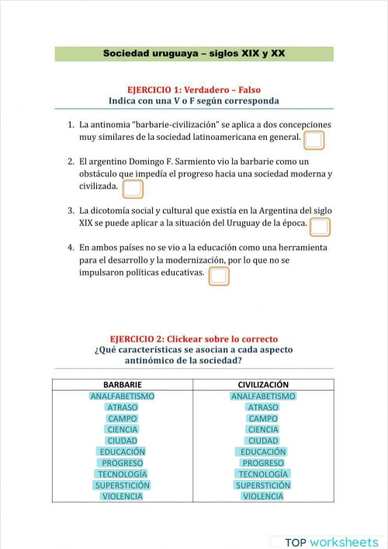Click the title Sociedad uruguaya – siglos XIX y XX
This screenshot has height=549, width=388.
194,54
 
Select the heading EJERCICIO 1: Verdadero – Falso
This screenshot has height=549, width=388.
194,89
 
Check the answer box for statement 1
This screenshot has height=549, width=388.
314,140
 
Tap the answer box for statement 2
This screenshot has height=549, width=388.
133,189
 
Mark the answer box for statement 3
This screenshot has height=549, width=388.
319,227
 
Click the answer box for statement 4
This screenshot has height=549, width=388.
220,276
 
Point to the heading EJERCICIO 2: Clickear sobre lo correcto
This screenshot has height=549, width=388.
194,339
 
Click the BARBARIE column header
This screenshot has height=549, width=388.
122,384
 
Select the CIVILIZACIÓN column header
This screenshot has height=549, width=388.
263,384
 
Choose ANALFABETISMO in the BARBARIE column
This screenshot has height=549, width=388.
122,396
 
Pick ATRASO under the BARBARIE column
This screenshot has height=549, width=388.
122,407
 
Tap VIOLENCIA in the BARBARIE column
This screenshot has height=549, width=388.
122,496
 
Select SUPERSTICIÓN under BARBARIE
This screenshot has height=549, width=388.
122,485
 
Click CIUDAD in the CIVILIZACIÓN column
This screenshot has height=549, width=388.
263,440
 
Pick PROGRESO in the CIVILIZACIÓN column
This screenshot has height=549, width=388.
263,463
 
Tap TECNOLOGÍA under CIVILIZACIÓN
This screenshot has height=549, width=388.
263,474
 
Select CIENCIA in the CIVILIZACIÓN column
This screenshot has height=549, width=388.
263,429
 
